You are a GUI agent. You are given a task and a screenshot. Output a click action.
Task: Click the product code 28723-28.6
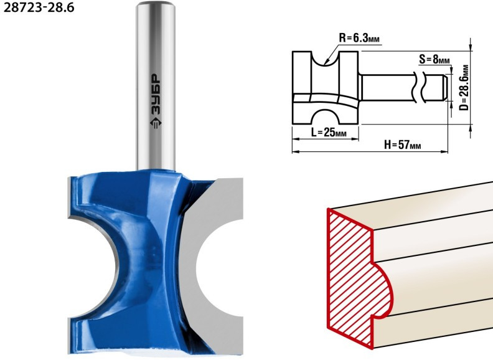pyautogui.click(x=39, y=7)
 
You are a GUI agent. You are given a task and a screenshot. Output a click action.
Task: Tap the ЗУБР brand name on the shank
pyautogui.click(x=156, y=95)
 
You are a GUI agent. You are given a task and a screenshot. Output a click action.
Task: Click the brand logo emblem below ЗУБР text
pyautogui.click(x=156, y=123)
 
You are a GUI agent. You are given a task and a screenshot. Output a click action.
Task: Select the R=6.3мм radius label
pyautogui.click(x=359, y=39)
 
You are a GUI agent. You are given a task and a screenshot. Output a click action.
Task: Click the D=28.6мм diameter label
pyautogui.click(x=464, y=87)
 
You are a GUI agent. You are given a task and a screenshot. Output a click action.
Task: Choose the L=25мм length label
pyautogui.click(x=329, y=133)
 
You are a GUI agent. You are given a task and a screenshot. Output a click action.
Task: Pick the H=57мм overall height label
pyautogui.click(x=403, y=145)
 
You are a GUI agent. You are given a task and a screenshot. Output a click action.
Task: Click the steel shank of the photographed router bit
pyautogui.click(x=156, y=85)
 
